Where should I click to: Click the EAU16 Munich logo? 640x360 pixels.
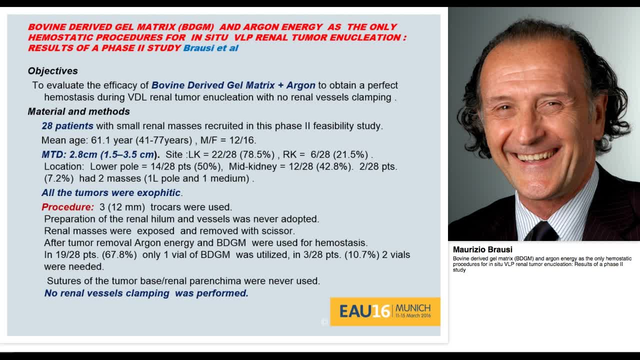tap(385, 311)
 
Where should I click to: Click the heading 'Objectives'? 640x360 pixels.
tap(52, 71)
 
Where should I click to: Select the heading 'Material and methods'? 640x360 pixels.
tap(78, 111)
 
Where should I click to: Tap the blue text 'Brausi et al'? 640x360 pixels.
tap(210, 48)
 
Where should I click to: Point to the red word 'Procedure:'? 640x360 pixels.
tap(67, 207)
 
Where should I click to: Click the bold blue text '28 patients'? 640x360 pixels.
tap(67, 126)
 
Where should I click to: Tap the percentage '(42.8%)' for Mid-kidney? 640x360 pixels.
tap(330, 166)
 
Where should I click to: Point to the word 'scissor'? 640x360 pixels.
tap(277, 231)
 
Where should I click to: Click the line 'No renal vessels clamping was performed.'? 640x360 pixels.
tap(146, 293)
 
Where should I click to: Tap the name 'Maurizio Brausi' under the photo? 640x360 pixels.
tap(482, 249)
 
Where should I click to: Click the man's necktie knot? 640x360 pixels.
tap(541, 231)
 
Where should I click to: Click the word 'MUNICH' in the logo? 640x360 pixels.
tap(413, 307)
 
